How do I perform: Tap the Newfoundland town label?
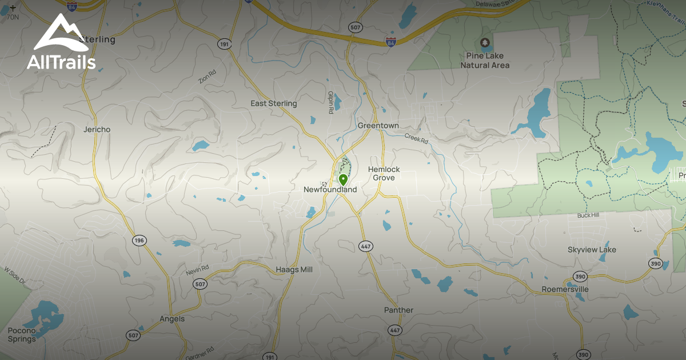(330, 190)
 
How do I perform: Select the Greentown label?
(378, 126)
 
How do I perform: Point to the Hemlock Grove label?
(384, 174)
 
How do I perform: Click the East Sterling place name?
(274, 103)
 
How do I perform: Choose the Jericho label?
(97, 130)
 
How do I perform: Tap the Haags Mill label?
(294, 269)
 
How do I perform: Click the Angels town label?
(172, 319)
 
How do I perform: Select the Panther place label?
(398, 310)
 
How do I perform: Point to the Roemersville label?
(565, 290)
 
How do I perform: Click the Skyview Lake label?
(592, 250)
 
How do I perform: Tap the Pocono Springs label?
(22, 335)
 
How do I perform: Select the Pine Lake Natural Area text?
(485, 61)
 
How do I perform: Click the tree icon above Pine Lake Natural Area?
(485, 42)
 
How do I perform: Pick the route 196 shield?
(139, 241)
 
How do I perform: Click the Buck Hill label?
(588, 215)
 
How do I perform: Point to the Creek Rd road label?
(416, 138)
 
